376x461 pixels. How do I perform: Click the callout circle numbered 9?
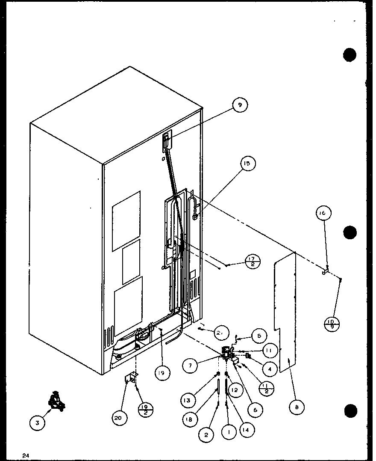click(x=240, y=104)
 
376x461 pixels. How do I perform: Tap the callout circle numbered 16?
click(x=324, y=213)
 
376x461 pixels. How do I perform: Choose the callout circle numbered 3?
click(x=37, y=423)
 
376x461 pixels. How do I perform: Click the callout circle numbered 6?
click(x=255, y=410)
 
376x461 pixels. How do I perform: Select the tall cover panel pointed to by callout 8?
click(x=284, y=312)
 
